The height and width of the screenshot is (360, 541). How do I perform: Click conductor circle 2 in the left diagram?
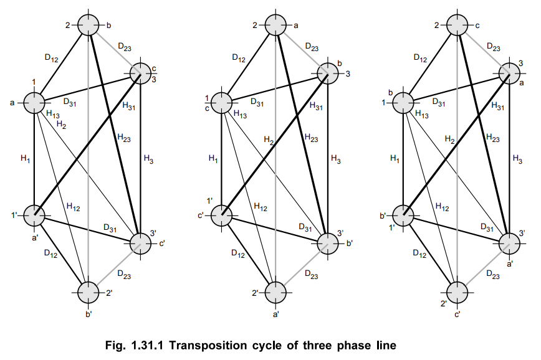click(89, 26)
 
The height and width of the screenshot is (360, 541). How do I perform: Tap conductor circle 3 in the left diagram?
click(140, 73)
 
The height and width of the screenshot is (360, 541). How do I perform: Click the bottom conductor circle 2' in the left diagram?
click(89, 291)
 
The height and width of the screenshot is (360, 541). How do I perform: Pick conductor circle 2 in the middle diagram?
click(275, 26)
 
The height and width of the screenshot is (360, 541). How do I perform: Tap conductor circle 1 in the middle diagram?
click(222, 103)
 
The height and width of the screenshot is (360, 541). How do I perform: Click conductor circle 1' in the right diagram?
click(404, 215)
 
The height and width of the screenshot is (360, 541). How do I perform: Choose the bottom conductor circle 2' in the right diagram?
click(458, 291)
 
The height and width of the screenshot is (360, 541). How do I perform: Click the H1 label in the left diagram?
click(25, 159)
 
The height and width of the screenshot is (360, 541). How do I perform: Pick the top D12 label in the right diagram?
click(421, 58)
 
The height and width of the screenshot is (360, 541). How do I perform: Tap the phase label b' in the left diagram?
click(89, 314)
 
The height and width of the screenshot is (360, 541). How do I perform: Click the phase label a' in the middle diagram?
click(275, 314)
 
